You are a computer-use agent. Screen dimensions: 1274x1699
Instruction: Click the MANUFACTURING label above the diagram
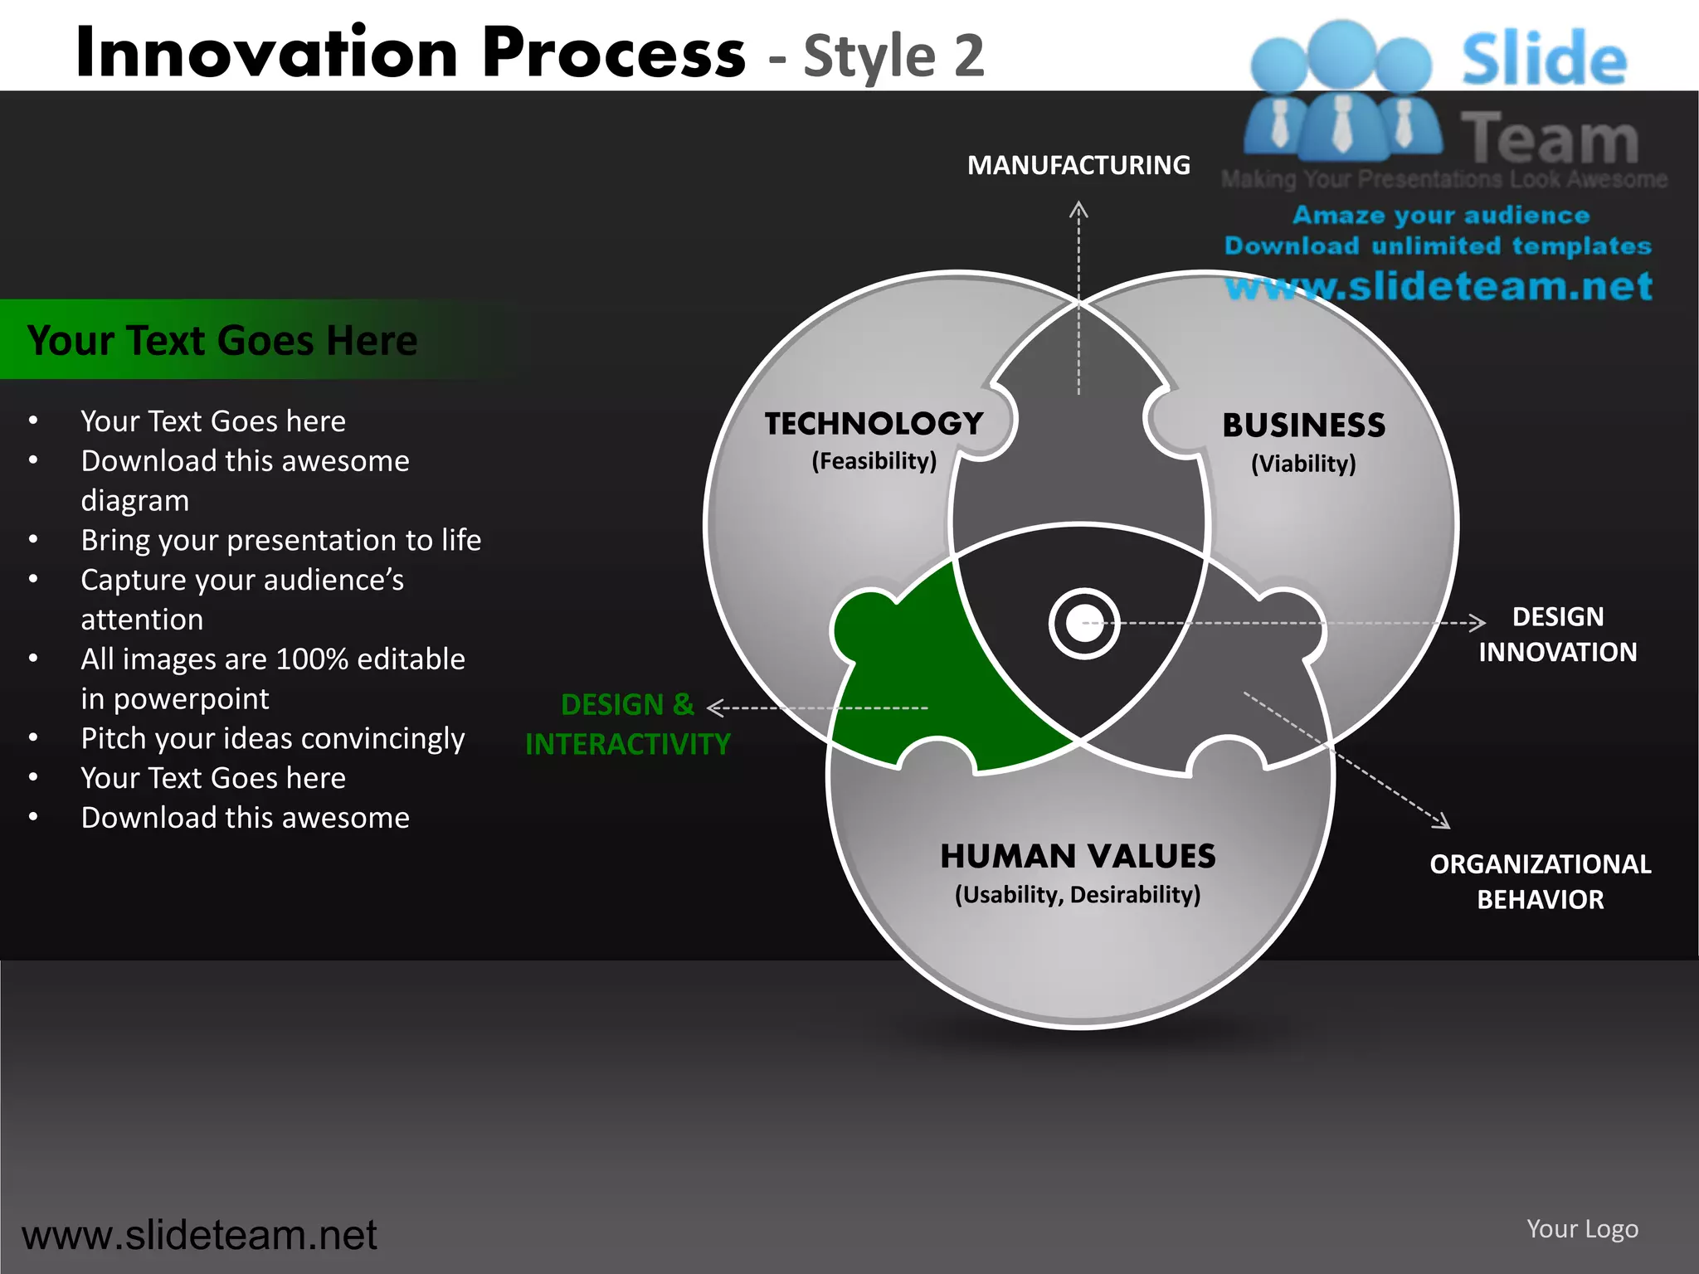pyautogui.click(x=1078, y=165)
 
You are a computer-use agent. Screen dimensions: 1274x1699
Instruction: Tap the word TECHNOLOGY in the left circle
pyautogui.click(x=874, y=424)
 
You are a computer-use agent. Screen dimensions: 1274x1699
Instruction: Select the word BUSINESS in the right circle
pyautogui.click(x=1303, y=425)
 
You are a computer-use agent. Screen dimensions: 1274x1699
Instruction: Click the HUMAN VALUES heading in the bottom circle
pyautogui.click(x=1078, y=856)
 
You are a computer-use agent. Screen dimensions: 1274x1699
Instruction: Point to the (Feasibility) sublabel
pyautogui.click(x=874, y=461)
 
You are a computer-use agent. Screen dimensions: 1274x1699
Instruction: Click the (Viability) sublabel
pyautogui.click(x=1303, y=464)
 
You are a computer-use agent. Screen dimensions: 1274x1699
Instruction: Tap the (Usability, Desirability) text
pyautogui.click(x=1078, y=895)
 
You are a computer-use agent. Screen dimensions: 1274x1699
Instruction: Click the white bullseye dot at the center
pyautogui.click(x=1083, y=624)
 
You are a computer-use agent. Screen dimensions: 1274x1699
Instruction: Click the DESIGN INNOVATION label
pyautogui.click(x=1557, y=635)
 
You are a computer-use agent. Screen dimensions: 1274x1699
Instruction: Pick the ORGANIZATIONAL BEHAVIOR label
pyautogui.click(x=1540, y=882)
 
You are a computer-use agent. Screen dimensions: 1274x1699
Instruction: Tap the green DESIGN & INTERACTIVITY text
pyautogui.click(x=628, y=724)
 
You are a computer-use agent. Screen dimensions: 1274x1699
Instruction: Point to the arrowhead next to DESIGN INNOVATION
pyautogui.click(x=1477, y=622)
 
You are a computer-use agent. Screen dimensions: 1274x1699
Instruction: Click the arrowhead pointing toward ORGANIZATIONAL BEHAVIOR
pyautogui.click(x=1443, y=821)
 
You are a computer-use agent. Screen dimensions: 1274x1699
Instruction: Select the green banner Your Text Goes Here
pyautogui.click(x=222, y=340)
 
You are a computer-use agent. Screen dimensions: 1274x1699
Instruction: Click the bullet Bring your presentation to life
pyautogui.click(x=280, y=541)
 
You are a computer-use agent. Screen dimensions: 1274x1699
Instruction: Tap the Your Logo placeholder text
pyautogui.click(x=1582, y=1228)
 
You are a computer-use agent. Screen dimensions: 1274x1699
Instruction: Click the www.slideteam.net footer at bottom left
pyautogui.click(x=199, y=1235)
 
